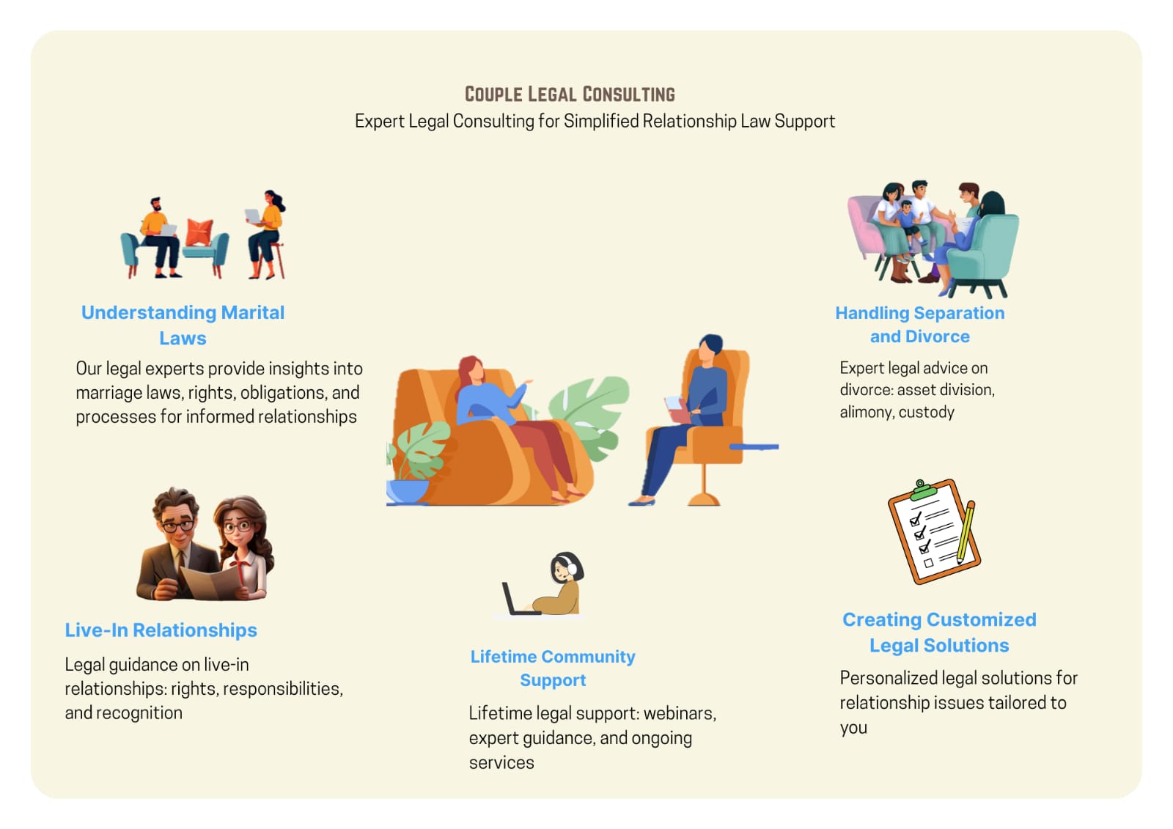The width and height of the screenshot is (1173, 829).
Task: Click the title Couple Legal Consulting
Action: pos(570,95)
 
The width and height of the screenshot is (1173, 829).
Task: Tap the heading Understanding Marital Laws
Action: pos(183,325)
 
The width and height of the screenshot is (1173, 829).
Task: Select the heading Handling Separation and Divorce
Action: pos(919,324)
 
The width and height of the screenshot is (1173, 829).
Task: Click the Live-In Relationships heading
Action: pos(161,630)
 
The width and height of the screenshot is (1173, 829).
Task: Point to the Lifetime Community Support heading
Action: pos(553,668)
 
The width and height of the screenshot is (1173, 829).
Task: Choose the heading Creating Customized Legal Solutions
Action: pos(939,632)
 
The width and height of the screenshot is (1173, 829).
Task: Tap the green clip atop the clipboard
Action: pos(923,490)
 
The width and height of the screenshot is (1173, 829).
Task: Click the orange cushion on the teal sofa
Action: pos(199,232)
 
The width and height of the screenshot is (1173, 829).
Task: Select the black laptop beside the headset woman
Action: pos(518,599)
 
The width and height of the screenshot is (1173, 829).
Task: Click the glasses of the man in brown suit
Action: pos(177,526)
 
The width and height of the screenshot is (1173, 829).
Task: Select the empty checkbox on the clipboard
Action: pos(928,564)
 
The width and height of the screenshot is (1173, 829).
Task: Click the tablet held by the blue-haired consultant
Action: pos(674,403)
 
